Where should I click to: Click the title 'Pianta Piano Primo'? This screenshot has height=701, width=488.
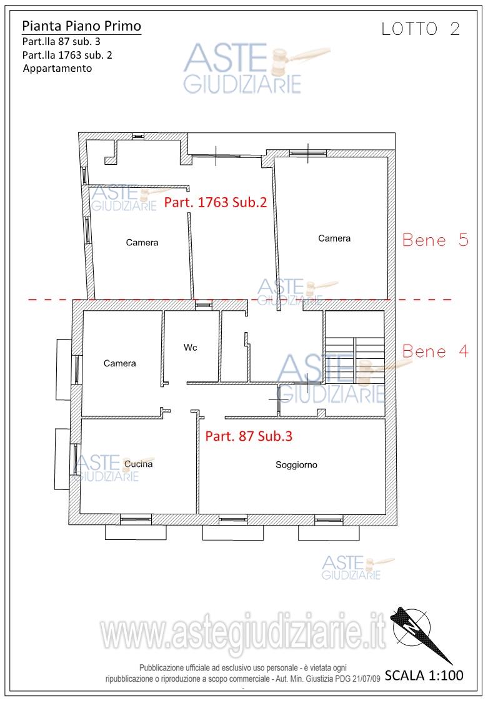pos(81,26)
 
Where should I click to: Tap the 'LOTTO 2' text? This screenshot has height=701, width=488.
pos(421,29)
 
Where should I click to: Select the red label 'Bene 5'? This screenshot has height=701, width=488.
pos(435,240)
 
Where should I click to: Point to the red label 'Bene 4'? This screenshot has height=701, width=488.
pos(435,351)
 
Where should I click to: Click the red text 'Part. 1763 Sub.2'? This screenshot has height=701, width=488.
pos(216,202)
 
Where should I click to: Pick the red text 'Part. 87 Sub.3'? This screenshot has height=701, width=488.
pos(249,436)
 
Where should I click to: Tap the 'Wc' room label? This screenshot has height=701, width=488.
pos(191,347)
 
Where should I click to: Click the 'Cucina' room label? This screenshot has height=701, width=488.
pos(138,464)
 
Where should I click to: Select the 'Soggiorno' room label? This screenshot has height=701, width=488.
pos(296,465)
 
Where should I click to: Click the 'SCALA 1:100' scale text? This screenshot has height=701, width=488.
pos(424,675)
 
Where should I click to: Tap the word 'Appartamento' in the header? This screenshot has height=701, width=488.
pos(57,69)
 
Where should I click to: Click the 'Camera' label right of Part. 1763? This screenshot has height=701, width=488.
pos(334,238)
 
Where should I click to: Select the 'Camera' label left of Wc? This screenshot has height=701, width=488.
pos(119,363)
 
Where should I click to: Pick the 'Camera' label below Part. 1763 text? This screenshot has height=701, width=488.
pos(142,242)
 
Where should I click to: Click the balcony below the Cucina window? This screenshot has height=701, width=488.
pos(136,532)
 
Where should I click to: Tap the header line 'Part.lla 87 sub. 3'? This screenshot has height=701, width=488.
pos(61,42)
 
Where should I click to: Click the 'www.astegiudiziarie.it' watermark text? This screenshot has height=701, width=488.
pos(242,631)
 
